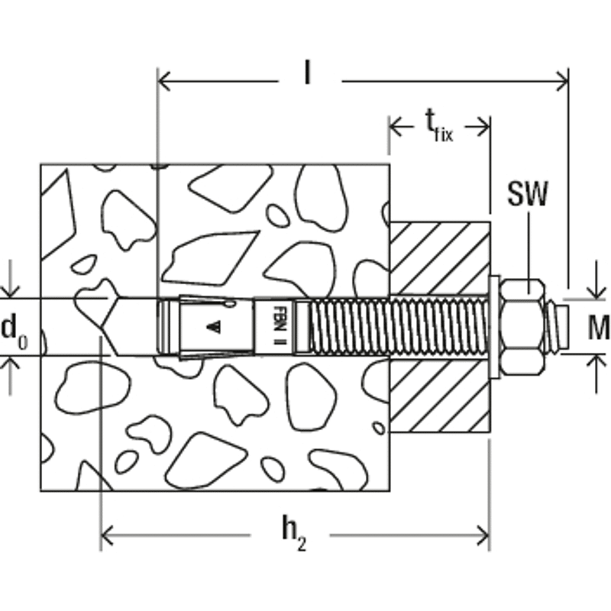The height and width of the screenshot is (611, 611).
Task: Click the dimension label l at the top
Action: [308, 73]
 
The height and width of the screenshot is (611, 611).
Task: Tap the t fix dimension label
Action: [438, 125]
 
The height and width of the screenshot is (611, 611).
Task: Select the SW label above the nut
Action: [528, 193]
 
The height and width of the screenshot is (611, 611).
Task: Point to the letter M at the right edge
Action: [599, 328]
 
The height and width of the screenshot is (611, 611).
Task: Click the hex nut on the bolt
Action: [522, 328]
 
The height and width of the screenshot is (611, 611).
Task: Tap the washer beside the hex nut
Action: [494, 327]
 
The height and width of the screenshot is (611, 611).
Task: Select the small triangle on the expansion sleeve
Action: [214, 327]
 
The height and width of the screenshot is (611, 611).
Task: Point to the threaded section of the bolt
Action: [397, 327]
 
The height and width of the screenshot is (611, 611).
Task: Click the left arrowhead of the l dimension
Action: [163, 81]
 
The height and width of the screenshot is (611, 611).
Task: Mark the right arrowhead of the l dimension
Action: [562, 81]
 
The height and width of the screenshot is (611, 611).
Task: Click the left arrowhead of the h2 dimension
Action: [107, 535]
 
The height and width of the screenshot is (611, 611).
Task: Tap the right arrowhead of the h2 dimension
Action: [483, 535]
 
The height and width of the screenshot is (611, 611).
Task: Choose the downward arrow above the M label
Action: [596, 280]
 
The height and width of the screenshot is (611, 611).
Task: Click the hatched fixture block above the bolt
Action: [440, 258]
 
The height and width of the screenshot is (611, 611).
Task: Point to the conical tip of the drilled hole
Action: [110, 327]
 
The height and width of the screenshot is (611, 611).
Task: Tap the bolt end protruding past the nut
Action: [557, 327]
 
